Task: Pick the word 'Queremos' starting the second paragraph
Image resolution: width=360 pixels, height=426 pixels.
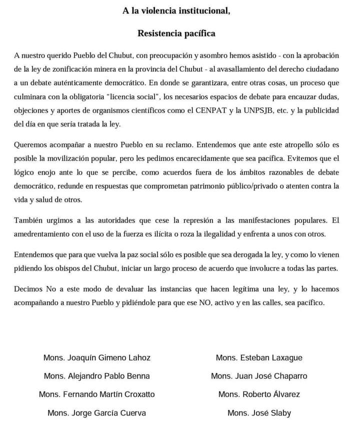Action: [30, 145]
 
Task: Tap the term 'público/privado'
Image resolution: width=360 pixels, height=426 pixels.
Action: [263, 186]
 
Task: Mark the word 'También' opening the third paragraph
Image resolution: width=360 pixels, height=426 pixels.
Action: [28, 221]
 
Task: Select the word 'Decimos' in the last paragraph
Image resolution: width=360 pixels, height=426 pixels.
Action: [28, 290]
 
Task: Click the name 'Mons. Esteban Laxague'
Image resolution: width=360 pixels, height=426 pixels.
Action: [259, 358]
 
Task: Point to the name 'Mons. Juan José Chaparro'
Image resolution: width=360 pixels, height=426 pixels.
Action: [259, 376]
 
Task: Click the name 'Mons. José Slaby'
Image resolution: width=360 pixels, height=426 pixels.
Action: [259, 413]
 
